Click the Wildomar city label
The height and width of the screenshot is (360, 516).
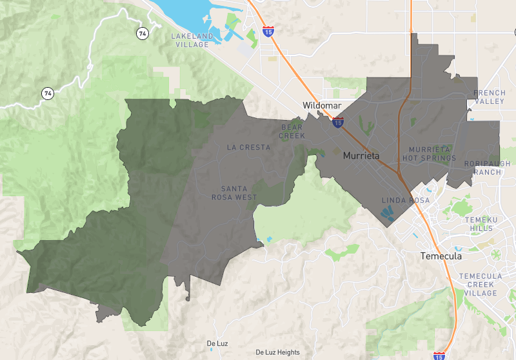click(322, 105)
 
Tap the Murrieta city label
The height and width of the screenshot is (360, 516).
click(361, 156)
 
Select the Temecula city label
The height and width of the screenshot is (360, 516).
click(441, 256)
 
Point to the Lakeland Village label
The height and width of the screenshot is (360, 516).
click(190, 40)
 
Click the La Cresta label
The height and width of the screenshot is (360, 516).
click(249, 147)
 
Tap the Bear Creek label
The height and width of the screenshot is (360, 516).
click(292, 132)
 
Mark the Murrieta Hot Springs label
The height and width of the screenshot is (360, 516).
click(429, 154)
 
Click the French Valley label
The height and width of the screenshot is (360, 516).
click(490, 97)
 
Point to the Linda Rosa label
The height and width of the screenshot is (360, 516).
click(406, 201)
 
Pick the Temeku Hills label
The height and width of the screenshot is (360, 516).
click(482, 224)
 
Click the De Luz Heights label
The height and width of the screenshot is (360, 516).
click(278, 352)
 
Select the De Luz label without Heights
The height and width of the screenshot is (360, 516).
click(217, 343)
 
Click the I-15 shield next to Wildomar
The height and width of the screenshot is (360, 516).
click(338, 121)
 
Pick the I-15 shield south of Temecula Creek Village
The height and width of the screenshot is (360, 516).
click(439, 355)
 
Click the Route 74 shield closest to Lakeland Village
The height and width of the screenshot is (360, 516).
click(141, 32)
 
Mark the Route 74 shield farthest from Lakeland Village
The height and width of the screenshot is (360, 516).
click(48, 93)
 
